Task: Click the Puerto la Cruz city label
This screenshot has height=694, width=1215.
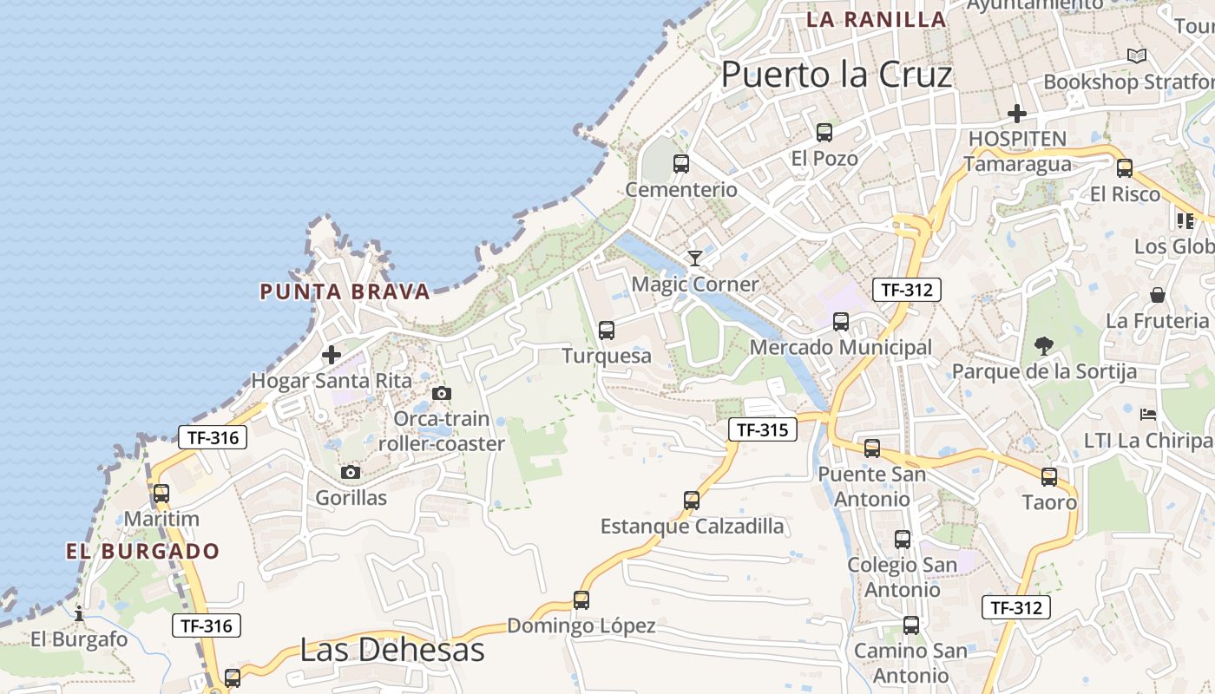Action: click(x=837, y=75)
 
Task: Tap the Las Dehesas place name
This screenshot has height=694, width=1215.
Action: click(x=391, y=649)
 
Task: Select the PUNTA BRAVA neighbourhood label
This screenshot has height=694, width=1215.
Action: click(x=345, y=291)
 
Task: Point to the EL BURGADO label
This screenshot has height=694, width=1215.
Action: click(x=143, y=551)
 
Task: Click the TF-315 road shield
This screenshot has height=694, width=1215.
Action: click(x=763, y=429)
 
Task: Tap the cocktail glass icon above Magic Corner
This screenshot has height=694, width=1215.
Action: click(x=694, y=258)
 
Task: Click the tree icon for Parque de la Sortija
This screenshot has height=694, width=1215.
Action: click(x=1044, y=346)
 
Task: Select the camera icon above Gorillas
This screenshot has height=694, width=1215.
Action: click(x=351, y=473)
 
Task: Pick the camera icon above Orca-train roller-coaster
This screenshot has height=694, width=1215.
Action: click(x=442, y=394)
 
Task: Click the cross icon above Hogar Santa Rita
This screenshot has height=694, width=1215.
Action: click(x=332, y=355)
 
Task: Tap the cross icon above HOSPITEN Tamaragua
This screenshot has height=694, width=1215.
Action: click(x=1016, y=114)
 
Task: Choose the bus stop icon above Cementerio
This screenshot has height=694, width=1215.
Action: click(x=681, y=164)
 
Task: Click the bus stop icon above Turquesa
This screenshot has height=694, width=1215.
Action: click(x=607, y=331)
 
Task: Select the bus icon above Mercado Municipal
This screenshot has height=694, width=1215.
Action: click(x=840, y=322)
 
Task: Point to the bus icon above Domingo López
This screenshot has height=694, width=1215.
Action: click(x=581, y=599)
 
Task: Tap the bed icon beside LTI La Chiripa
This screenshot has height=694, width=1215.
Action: click(x=1148, y=414)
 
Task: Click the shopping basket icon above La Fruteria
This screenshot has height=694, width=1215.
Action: click(x=1157, y=295)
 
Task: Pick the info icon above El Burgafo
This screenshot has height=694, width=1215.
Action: click(x=79, y=613)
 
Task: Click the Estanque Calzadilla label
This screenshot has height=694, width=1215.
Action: click(x=692, y=527)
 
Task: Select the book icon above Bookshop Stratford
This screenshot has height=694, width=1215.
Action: click(x=1136, y=56)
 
